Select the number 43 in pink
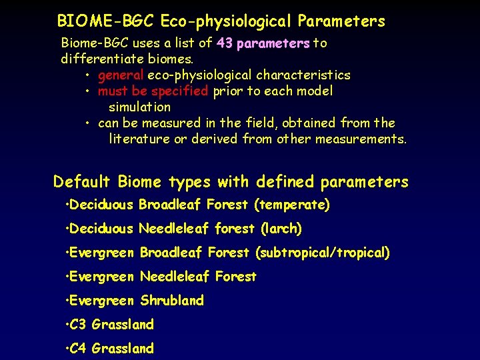click(x=224, y=43)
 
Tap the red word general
click(x=120, y=75)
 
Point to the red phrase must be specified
click(x=153, y=91)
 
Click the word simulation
click(x=139, y=107)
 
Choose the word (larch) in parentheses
click(x=281, y=229)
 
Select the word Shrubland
click(x=172, y=301)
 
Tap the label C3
click(x=79, y=325)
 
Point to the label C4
click(x=79, y=349)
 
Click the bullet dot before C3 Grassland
click(x=67, y=325)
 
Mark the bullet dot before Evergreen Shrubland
click(x=67, y=301)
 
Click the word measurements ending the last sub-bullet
click(x=364, y=139)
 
